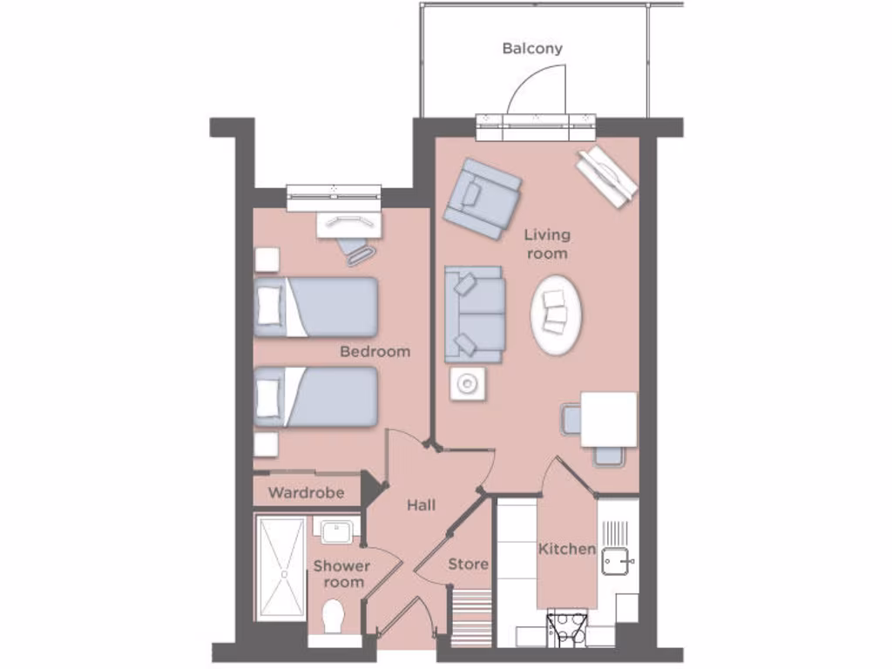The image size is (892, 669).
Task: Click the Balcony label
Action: point(532,49)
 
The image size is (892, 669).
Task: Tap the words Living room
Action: point(547,244)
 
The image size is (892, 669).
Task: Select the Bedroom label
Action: point(375,352)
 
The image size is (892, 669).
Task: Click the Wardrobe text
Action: point(306,493)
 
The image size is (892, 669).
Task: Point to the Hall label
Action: point(422,505)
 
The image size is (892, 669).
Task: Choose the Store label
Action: point(468,564)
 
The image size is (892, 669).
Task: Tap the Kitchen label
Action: point(567,549)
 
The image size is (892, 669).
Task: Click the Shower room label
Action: point(341,573)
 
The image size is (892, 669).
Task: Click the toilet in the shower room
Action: point(332,617)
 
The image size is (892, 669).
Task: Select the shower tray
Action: point(281,567)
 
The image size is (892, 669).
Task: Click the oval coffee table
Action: point(555,314)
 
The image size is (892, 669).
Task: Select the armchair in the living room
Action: point(482,198)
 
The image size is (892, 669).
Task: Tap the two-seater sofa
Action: point(475,314)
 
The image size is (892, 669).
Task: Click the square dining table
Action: point(609,419)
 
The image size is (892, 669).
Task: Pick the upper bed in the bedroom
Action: point(316,307)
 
